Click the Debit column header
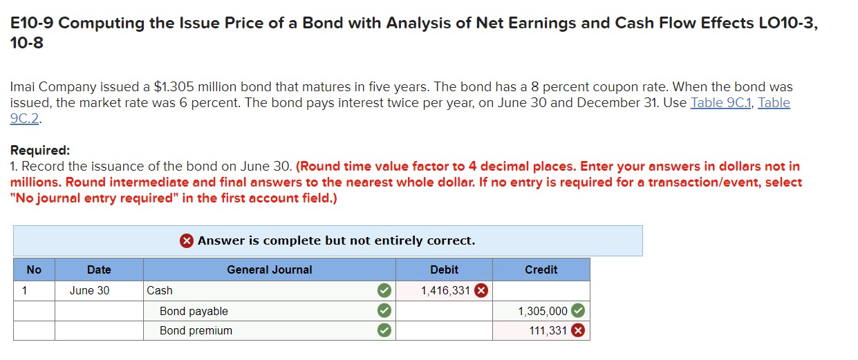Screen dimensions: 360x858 pos(444,269)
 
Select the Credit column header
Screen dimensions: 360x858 pos(541,269)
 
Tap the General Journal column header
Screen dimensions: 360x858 pos(270,269)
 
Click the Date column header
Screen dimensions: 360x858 pos(99,269)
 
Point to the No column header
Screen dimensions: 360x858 pos(34,269)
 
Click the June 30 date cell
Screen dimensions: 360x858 pos(89,290)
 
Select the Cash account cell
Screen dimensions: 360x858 pos(160,290)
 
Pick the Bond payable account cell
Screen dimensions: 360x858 pos(194,311)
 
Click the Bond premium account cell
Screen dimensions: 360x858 pos(196,330)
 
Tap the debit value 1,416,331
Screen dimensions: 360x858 pos(445,291)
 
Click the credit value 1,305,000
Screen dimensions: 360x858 pos(543,312)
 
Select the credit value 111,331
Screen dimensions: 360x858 pos(548,331)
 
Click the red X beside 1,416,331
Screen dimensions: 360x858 pos(481,291)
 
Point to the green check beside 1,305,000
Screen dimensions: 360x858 pos(578,311)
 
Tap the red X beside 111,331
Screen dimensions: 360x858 pos(578,331)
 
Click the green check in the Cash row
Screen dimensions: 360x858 pos(384,291)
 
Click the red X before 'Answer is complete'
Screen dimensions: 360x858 pos(187,240)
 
